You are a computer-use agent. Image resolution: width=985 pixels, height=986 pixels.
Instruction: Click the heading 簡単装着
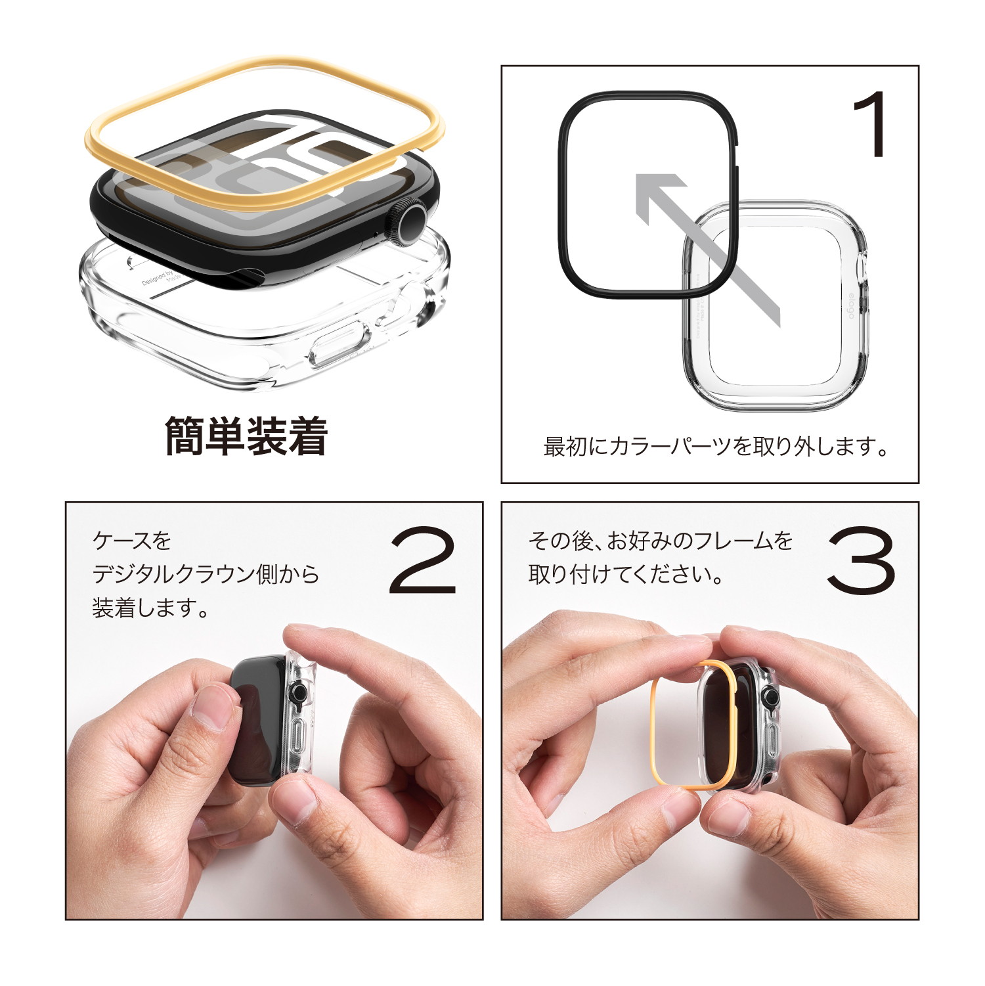coord(246,436)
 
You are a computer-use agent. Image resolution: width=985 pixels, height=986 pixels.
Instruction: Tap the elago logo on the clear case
coord(852,306)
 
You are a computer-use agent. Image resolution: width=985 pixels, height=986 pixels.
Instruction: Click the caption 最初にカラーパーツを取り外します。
coord(716,447)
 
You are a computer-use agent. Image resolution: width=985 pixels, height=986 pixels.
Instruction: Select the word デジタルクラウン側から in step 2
coord(206,574)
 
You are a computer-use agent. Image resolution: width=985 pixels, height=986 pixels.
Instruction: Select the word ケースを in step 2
coord(131,541)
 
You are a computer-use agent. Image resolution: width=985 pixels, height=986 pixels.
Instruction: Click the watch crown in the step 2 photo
coord(299,692)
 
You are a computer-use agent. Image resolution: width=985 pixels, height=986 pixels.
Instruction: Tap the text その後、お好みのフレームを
coord(660,541)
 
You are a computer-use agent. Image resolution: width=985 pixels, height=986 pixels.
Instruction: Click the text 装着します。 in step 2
coord(150,608)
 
